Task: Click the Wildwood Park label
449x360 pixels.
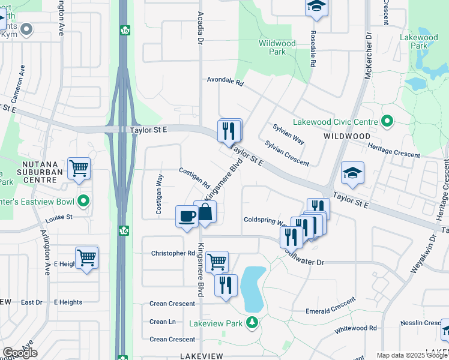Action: coord(277,47)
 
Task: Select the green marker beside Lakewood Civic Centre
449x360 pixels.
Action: coord(387,122)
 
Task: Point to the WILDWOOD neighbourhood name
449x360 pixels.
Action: coord(346,136)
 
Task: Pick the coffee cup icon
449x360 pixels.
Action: coord(187,215)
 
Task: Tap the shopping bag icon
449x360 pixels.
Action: coord(205,212)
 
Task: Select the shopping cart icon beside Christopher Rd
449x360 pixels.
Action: coord(217,261)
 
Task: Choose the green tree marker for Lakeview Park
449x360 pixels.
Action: coord(253,323)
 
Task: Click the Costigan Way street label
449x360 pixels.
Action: coord(159,194)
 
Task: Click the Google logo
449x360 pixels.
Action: coord(20,353)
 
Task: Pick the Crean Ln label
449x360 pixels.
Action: coord(163,322)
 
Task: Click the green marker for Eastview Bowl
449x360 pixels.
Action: coord(84,200)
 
